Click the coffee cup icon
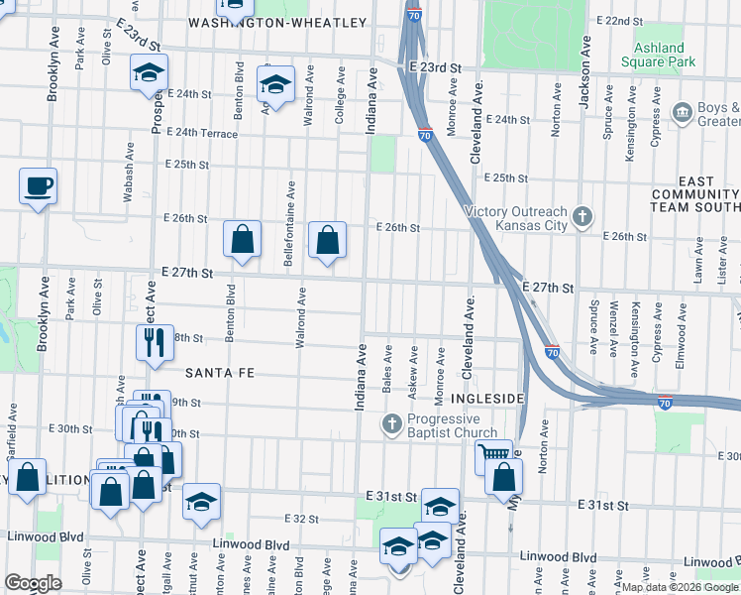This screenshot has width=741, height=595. click(x=38, y=185)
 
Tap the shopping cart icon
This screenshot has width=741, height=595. click(x=493, y=456)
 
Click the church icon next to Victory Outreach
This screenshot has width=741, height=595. click(x=583, y=213)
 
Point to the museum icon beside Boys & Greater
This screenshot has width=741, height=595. click(x=682, y=112)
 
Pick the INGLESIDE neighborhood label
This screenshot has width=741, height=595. click(x=486, y=398)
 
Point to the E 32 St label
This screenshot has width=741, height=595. click(x=301, y=519)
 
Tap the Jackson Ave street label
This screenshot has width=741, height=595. click(x=585, y=70)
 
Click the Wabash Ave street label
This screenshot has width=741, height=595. click(x=128, y=171)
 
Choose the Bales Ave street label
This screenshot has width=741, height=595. click(x=388, y=366)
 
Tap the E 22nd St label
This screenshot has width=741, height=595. click(x=619, y=21)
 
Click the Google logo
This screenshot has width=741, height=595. click(x=33, y=583)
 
